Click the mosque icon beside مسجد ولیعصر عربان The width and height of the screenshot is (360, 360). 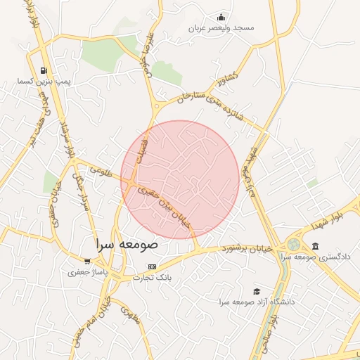(x=222, y=18)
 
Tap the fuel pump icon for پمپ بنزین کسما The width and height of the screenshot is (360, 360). (x=44, y=70)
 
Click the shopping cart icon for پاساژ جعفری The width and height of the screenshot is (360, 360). (x=88, y=262)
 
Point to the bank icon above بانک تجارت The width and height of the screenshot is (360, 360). (x=152, y=266)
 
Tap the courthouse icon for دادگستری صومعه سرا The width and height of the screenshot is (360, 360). (x=315, y=246)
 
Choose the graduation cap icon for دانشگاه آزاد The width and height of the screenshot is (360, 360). (x=257, y=290)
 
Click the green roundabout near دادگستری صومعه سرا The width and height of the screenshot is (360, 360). (x=292, y=245)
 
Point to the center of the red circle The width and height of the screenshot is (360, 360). (x=180, y=179)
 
